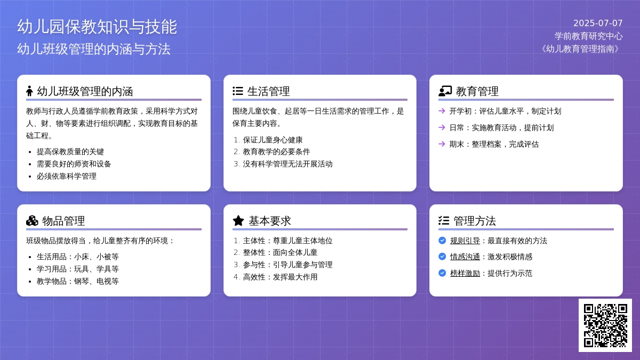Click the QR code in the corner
tap(605, 325)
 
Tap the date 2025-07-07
tap(598, 23)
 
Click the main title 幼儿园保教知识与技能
tap(97, 27)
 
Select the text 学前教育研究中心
tap(589, 36)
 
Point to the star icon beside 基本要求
tap(238, 221)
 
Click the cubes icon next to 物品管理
tap(32, 221)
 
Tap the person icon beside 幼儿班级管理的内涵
tap(29, 91)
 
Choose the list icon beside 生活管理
tap(238, 91)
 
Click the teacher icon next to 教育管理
tap(445, 91)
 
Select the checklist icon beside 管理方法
tap(444, 221)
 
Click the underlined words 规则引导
tap(465, 241)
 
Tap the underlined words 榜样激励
tap(465, 274)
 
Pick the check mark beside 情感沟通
tap(442, 257)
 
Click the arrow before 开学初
tap(442, 111)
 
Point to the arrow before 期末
tap(442, 143)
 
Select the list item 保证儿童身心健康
tap(273, 140)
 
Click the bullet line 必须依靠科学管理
tap(66, 177)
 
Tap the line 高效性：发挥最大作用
tap(280, 277)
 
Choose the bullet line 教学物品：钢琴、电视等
tap(77, 282)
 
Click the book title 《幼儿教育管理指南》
tap(580, 49)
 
